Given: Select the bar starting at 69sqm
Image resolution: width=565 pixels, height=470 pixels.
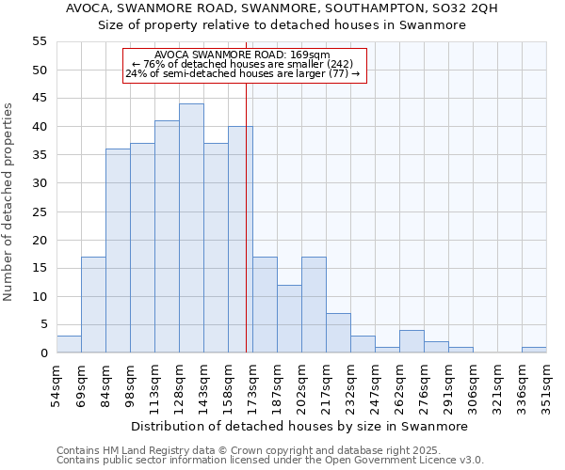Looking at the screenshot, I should (x=93, y=305).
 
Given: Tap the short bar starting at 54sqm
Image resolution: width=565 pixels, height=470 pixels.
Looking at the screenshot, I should (x=69, y=344).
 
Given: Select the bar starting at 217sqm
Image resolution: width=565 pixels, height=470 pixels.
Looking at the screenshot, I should (x=338, y=333).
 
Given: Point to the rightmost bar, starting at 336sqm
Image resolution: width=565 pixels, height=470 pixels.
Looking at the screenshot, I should (x=534, y=350).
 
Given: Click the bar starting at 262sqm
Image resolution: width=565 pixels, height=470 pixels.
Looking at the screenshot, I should (x=412, y=341).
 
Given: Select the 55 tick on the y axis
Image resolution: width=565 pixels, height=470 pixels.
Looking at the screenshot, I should (x=40, y=41).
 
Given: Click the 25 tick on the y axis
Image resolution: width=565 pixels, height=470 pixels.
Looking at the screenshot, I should (x=40, y=211).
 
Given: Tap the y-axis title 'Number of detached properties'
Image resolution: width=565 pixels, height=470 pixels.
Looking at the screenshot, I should (x=9, y=202).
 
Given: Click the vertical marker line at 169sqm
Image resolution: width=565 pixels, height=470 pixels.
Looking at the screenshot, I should (x=246, y=235).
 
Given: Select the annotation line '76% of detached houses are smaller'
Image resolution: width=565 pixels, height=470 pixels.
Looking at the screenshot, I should (x=244, y=64).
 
